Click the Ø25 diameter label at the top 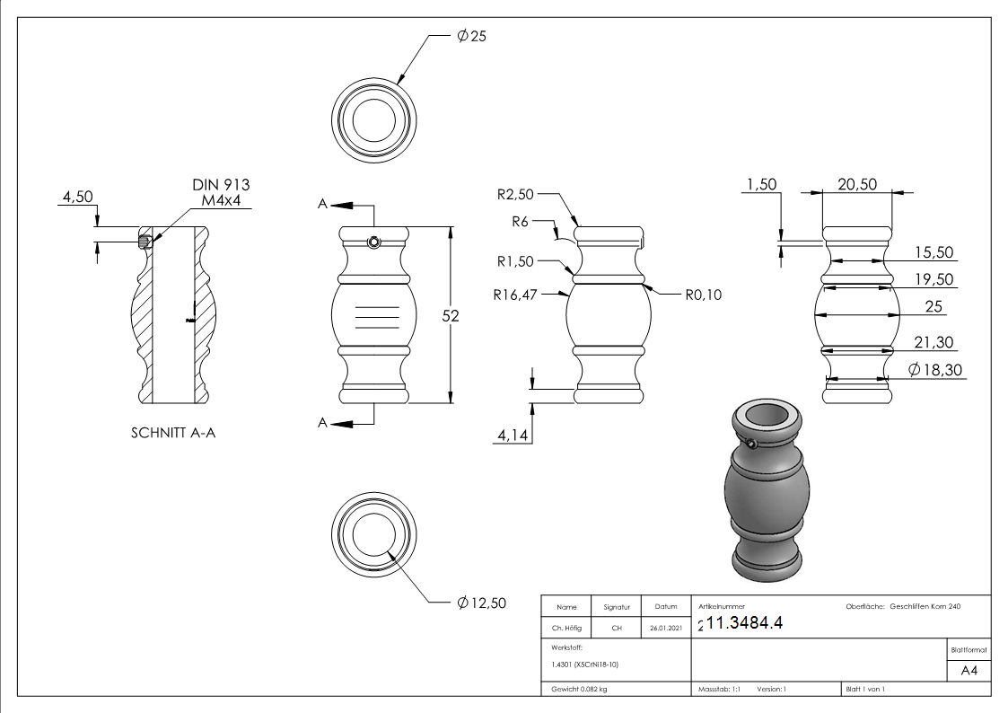[471, 36]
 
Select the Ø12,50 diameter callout [481, 603]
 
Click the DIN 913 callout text [221, 185]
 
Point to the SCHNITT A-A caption [173, 433]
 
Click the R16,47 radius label [514, 293]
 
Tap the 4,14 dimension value [512, 436]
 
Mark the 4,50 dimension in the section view [77, 197]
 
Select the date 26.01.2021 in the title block [665, 629]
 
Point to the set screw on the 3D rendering [750, 443]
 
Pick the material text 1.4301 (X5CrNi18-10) [585, 665]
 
